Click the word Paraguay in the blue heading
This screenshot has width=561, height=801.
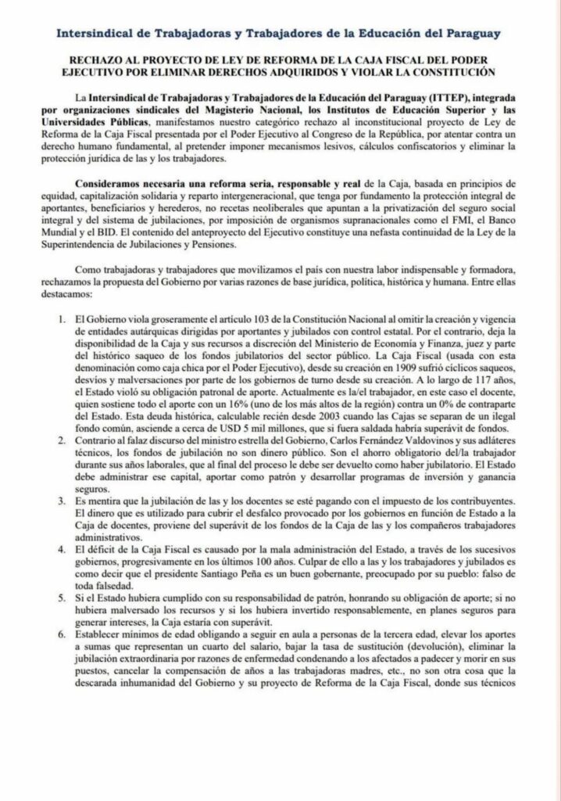click(x=467, y=34)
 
